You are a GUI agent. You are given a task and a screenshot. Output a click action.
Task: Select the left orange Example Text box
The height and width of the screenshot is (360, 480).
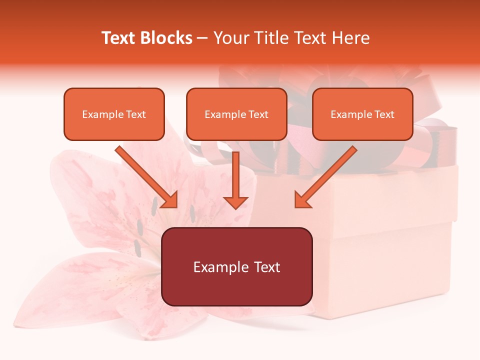tap(114, 114)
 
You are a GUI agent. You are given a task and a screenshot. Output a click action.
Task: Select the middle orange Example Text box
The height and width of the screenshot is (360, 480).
tap(236, 114)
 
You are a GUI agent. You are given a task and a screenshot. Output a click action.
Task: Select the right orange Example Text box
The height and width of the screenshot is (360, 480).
tap(362, 114)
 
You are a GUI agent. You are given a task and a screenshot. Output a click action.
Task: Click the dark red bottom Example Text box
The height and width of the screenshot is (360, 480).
tap(236, 266)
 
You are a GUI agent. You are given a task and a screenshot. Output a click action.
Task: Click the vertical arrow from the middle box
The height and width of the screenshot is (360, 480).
tap(235, 177)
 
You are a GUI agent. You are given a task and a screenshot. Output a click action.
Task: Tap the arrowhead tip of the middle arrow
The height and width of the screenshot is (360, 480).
tap(235, 206)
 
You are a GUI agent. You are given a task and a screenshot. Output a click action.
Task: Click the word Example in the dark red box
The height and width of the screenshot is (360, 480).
tap(218, 267)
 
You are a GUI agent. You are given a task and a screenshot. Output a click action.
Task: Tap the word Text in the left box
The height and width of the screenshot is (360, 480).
tap(136, 114)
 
